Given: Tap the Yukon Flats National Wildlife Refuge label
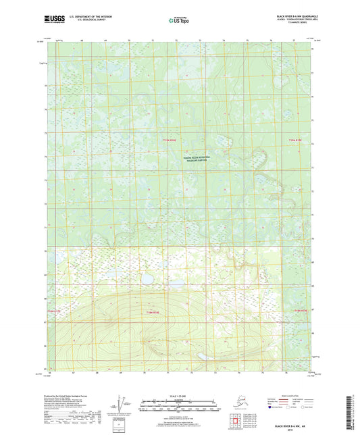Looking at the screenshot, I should (197, 158).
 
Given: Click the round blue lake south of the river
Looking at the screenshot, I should (146, 278).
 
